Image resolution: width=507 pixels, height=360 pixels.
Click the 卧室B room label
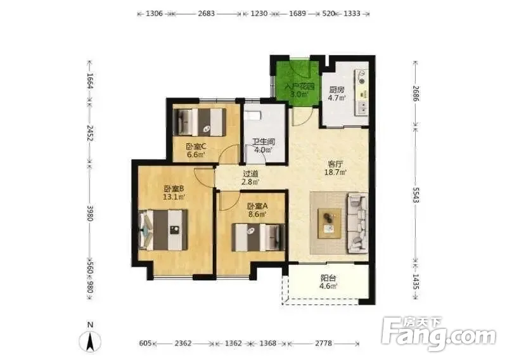pyautogui.click(x=174, y=189)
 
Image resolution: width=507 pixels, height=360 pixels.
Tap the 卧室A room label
pyautogui.click(x=257, y=207)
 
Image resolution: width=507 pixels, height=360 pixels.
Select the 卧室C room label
pyautogui.click(x=196, y=146)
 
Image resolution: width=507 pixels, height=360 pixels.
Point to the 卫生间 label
pyautogui.click(x=264, y=142)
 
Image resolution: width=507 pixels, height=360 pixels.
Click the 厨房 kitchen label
pyautogui.click(x=337, y=89)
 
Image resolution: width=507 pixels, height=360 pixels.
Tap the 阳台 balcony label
pyautogui.click(x=328, y=278)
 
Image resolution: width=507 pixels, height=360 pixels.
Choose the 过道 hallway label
pyautogui.click(x=250, y=174)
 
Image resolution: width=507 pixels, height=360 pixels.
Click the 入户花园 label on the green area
pyautogui.click(x=299, y=87)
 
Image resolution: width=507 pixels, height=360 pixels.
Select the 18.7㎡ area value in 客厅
pyautogui.click(x=335, y=172)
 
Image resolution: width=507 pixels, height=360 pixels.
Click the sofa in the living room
pyautogui.click(x=357, y=223)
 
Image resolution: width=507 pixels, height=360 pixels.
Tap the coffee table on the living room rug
pyautogui.click(x=330, y=224)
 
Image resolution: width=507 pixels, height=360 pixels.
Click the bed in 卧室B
pyautogui.click(x=164, y=230)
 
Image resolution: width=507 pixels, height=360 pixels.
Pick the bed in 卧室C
pyautogui.click(x=200, y=122)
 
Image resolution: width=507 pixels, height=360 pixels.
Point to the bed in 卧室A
pyautogui.click(x=259, y=238)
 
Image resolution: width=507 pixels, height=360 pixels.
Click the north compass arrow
pyautogui.click(x=90, y=341)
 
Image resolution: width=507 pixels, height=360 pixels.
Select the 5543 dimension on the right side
pyautogui.click(x=416, y=195)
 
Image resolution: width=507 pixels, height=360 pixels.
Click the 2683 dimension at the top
pyautogui.click(x=207, y=13)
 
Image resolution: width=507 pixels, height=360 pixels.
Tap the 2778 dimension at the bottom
pyautogui.click(x=323, y=343)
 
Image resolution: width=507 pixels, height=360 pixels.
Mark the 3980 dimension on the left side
pyautogui.click(x=90, y=213)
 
